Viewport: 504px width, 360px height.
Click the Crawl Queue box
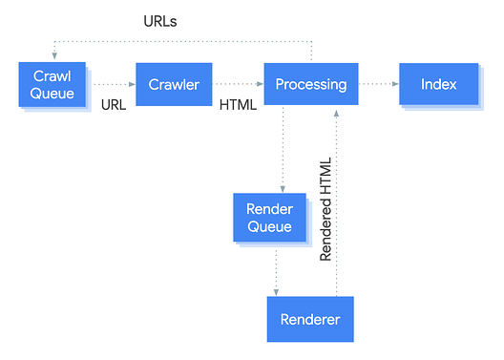pyautogui.click(x=52, y=84)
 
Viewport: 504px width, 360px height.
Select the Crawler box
pyautogui.click(x=173, y=84)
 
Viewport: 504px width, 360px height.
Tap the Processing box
pyautogui.click(x=310, y=84)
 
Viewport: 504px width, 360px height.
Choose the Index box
pyautogui.click(x=438, y=84)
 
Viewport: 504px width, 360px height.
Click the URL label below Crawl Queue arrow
pyautogui.click(x=114, y=105)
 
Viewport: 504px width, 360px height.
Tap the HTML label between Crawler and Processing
pyautogui.click(x=238, y=105)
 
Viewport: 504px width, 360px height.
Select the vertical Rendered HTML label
pyautogui.click(x=325, y=208)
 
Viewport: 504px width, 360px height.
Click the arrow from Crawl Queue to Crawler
pyautogui.click(x=111, y=84)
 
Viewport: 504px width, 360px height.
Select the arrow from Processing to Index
pyautogui.click(x=378, y=84)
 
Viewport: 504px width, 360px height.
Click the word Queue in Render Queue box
pyautogui.click(x=269, y=226)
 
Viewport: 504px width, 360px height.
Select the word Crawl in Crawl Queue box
pyautogui.click(x=52, y=75)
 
